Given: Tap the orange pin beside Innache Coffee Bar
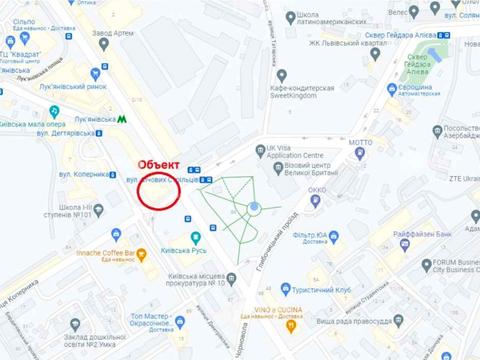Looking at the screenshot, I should point(141,253).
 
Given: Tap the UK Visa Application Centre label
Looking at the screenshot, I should point(296,154).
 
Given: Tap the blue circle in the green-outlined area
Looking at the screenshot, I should point(254,208).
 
